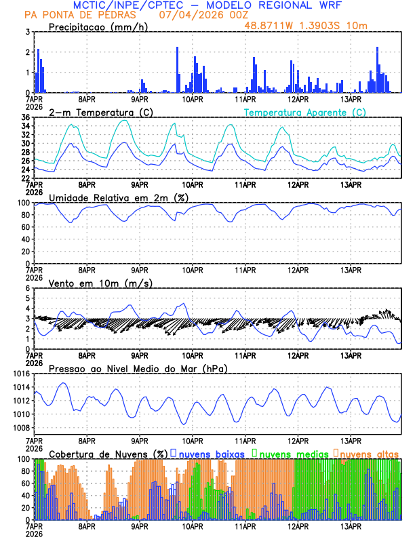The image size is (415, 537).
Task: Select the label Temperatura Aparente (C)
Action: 304,112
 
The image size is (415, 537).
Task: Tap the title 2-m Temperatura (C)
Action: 101,112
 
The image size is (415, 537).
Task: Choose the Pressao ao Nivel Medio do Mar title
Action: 138,368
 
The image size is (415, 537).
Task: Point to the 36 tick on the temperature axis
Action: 25,117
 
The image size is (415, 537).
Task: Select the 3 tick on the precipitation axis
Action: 27,32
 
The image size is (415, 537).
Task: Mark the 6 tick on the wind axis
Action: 27,288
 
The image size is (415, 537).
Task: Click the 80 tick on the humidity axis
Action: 25,215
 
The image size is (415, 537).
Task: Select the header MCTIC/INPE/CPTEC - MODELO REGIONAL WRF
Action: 207,5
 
